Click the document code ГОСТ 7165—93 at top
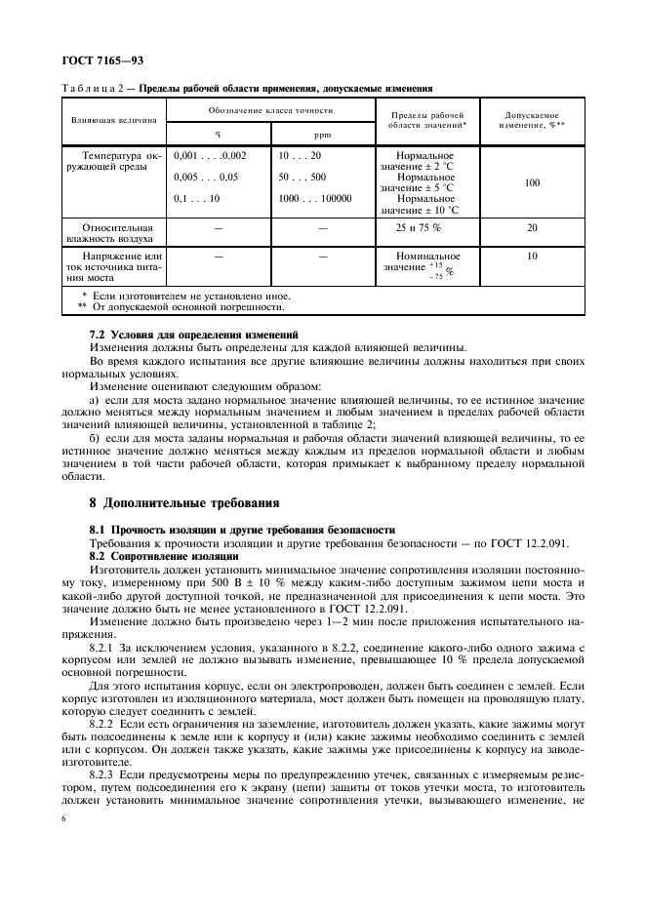(x=101, y=61)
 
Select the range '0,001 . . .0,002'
(x=209, y=155)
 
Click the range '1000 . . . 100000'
(x=314, y=198)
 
